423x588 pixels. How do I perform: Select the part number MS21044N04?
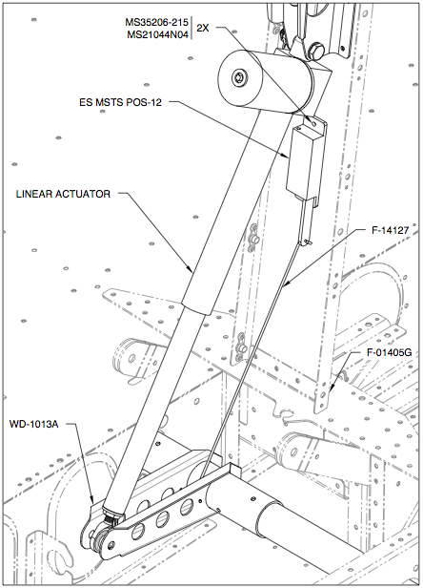[x=158, y=35]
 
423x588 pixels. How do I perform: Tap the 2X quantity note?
[x=202, y=28]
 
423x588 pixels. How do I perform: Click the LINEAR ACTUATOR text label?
[x=64, y=194]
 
